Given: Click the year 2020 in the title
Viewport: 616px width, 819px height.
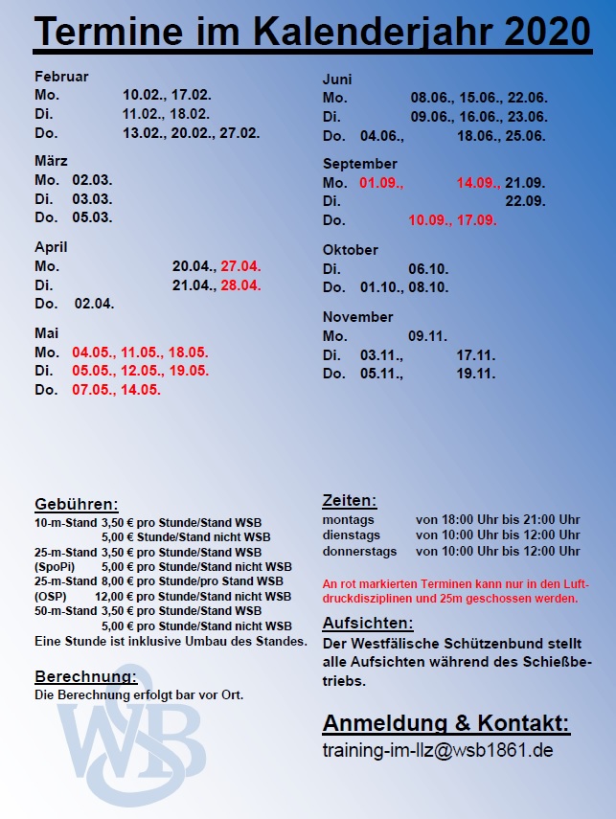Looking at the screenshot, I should [543, 33].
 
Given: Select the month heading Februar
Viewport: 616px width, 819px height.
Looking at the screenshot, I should [61, 76].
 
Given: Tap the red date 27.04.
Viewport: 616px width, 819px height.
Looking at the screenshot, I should [240, 266].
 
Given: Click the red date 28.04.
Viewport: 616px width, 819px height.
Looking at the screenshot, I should [240, 285].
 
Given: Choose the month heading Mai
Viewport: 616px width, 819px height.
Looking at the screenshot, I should [47, 332].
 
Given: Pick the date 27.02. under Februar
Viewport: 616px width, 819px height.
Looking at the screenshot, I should [240, 133].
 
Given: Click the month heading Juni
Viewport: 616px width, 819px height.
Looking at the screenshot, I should [337, 79].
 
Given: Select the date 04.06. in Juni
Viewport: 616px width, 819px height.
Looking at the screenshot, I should [379, 136].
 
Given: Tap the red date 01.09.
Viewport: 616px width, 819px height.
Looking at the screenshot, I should [382, 182].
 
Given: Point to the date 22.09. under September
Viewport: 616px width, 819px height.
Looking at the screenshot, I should [525, 201].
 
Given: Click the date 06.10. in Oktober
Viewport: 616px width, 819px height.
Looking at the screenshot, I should [428, 269].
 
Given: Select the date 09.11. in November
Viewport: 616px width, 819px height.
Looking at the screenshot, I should [428, 336].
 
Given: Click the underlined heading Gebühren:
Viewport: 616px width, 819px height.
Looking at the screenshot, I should [77, 504].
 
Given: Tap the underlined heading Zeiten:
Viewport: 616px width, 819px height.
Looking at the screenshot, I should [350, 500].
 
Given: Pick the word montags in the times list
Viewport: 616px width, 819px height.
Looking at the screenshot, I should [349, 519].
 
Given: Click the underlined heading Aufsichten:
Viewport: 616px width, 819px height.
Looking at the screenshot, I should [368, 623].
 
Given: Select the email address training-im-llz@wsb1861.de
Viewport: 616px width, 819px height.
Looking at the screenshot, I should [438, 750].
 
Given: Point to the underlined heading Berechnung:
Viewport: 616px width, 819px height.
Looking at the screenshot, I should [86, 676].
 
